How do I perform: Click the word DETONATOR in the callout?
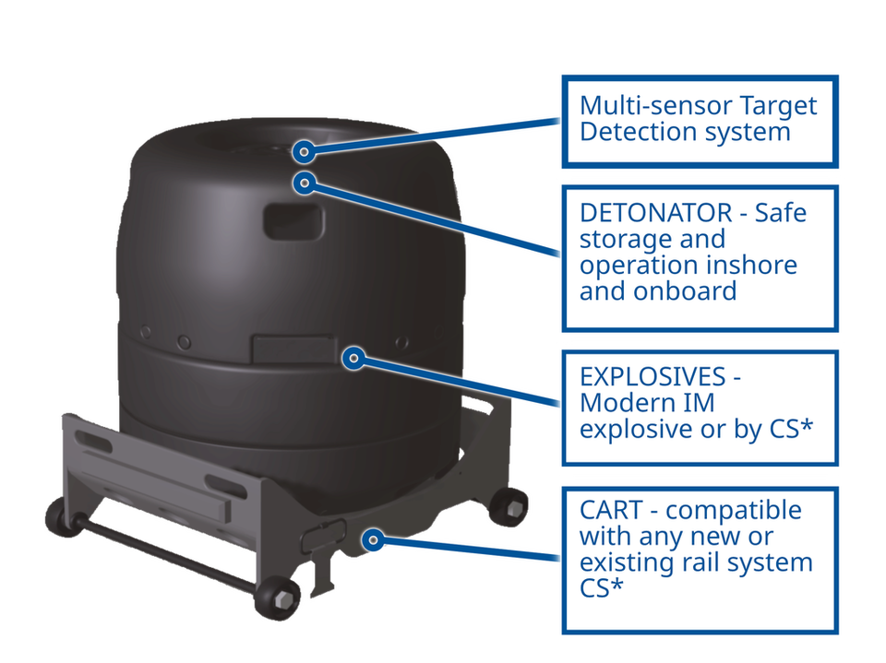coord(655,213)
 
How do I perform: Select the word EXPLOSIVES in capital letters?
coord(653,376)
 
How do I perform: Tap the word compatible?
coord(734,510)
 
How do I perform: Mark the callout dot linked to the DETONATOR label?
coord(305,183)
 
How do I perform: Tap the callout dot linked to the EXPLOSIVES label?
coord(353,358)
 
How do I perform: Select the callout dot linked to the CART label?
coord(372,539)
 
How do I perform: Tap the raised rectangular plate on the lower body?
coord(293,349)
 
